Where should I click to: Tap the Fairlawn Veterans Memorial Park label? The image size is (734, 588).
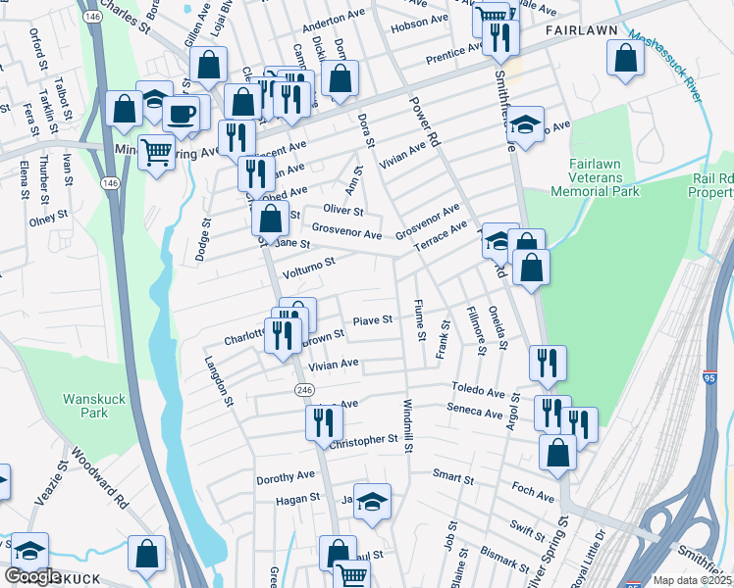pyautogui.click(x=609, y=177)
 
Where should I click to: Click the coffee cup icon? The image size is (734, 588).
pyautogui.click(x=181, y=113)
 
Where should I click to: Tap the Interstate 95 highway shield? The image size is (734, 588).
pyautogui.click(x=709, y=376)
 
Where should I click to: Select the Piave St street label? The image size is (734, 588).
pyautogui.click(x=372, y=319)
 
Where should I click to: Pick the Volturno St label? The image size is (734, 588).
pyautogui.click(x=309, y=263)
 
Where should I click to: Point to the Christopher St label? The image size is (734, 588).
pyautogui.click(x=363, y=441)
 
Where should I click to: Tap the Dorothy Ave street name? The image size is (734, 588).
pyautogui.click(x=285, y=477)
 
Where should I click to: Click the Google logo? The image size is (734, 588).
pyautogui.click(x=33, y=576)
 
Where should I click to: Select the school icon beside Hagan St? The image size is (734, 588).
pyautogui.click(x=372, y=501)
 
